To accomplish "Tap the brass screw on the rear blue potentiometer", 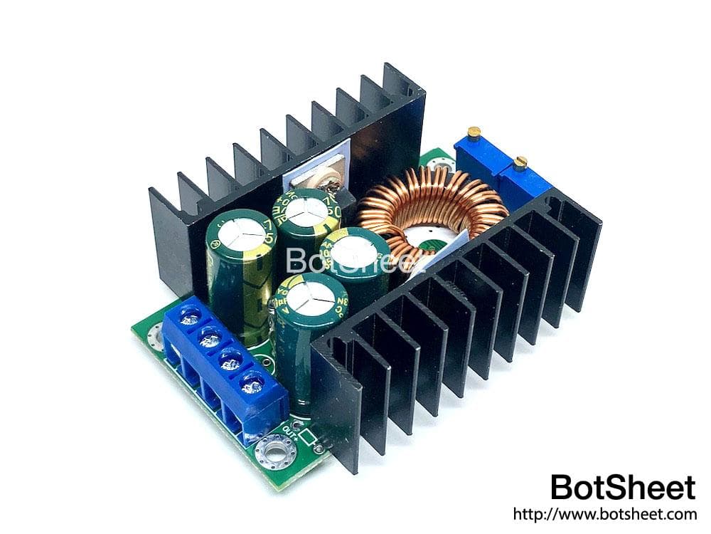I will click(x=474, y=132).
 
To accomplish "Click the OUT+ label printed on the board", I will click(x=291, y=429).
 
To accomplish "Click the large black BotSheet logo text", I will click(x=623, y=488).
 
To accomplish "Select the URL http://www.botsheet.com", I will click(x=604, y=514).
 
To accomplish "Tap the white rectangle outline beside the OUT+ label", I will click(x=308, y=436).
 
